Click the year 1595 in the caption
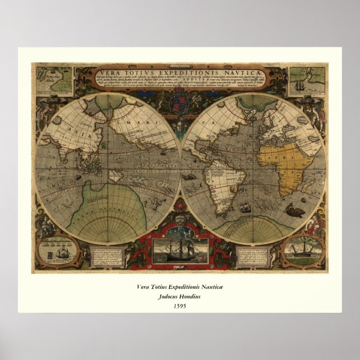pos(179,306)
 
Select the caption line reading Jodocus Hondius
pos(179,296)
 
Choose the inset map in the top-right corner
pos(307,80)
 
